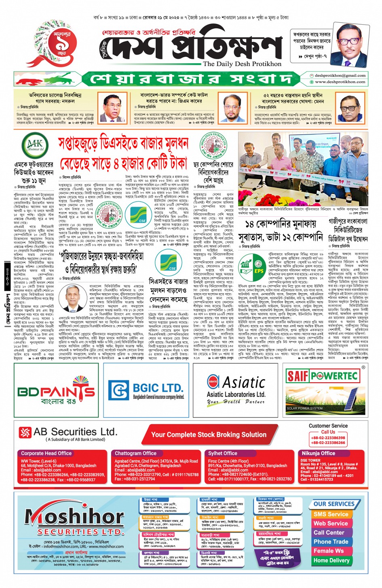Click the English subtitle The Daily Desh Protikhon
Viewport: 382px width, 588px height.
(242, 64)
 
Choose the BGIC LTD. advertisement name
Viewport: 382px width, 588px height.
(158, 388)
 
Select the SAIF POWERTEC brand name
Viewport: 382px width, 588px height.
(322, 376)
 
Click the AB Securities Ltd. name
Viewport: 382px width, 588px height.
(75, 432)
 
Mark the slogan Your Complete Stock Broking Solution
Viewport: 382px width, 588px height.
(209, 435)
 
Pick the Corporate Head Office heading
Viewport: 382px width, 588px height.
(46, 453)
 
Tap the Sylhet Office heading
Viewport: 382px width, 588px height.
(223, 453)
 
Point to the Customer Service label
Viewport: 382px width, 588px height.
(328, 426)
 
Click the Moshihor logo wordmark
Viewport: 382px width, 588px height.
(74, 517)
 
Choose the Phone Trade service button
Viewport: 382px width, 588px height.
(331, 541)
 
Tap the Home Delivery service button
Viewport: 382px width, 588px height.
(331, 560)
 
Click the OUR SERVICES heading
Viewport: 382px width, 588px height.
(334, 504)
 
